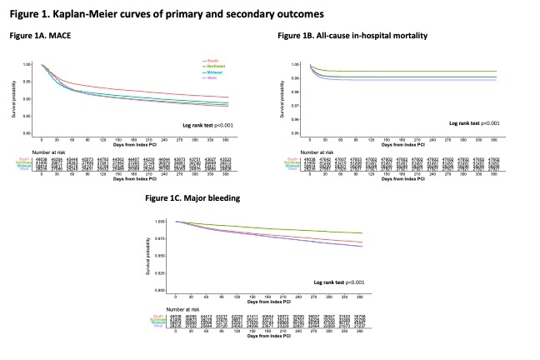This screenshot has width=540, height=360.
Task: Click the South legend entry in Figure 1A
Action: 213,61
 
